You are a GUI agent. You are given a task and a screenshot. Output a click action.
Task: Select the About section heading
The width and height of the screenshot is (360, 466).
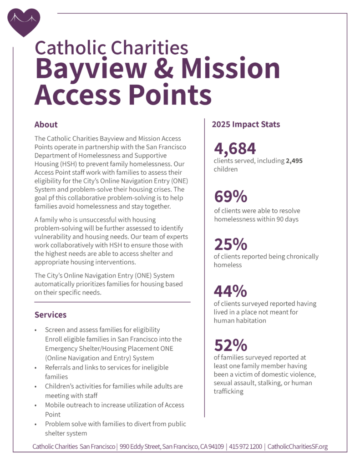pos(46,124)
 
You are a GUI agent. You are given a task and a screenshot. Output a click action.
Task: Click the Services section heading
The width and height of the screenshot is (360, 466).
pos(51,314)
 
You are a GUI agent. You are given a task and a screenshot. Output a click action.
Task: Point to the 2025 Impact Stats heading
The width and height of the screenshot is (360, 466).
pos(246,124)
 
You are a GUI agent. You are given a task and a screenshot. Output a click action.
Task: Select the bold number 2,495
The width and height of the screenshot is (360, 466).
pos(294,161)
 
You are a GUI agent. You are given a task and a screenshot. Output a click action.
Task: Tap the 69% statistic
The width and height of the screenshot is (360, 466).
pos(231,197)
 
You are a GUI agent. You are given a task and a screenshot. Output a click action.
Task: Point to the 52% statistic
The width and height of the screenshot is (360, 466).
pos(230,344)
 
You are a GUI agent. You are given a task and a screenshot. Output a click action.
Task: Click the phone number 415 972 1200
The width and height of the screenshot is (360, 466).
pos(246,446)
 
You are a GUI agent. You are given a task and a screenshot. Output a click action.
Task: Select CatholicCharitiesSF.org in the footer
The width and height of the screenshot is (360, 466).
pos(297,446)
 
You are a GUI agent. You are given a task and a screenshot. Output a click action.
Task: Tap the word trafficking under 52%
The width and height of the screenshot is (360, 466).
pos(228,391)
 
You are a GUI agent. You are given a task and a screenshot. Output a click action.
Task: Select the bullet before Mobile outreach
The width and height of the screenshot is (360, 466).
pos(36,405)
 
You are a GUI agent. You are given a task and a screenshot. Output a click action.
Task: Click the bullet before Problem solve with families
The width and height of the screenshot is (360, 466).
pos(36,424)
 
